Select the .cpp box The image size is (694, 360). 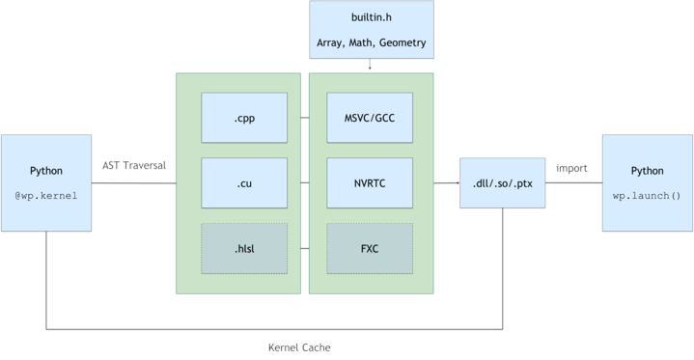244,118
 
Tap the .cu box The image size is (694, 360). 244,182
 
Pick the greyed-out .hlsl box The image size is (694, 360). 244,248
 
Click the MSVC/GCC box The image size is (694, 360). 370,118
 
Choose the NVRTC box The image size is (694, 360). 370,182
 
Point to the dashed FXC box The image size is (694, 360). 370,248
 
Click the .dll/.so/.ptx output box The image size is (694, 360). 501,182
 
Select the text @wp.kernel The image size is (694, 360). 45,195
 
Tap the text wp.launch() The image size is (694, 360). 647,195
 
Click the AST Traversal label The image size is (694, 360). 134,165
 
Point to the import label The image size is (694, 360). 571,168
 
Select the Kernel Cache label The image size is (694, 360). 299,346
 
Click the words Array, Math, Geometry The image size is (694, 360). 371,42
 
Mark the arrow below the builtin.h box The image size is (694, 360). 371,66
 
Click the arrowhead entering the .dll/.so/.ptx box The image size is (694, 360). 457,182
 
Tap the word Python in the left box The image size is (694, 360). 45,171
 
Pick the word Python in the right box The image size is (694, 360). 647,171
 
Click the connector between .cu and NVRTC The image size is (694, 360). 304,182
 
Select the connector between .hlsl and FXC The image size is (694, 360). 304,248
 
